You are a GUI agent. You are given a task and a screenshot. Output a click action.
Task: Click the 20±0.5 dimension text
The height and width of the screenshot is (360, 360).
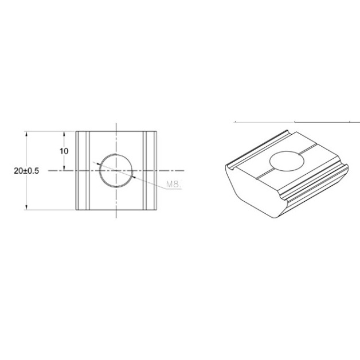tap(26, 171)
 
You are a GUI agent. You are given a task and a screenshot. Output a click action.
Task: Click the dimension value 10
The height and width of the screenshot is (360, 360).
tap(64, 151)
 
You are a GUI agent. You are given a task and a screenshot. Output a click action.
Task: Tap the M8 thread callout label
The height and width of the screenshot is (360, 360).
tap(173, 184)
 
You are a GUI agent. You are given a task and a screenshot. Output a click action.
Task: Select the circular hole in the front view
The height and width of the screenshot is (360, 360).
tap(116, 171)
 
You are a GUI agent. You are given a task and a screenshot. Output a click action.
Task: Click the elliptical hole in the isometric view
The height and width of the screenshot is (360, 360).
tap(287, 161)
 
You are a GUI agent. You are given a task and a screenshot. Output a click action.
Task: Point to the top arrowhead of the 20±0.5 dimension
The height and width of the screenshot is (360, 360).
tap(26, 134)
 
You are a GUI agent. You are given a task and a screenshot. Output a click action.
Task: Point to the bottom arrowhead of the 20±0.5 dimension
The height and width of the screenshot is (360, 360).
tap(26, 207)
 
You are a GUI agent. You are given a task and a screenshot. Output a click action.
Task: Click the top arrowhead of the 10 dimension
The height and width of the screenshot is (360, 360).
tap(64, 134)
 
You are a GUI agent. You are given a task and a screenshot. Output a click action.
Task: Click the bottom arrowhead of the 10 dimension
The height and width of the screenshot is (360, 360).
tap(64, 168)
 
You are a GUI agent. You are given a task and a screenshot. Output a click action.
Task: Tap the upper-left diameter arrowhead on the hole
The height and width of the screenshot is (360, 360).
tap(98, 164)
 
